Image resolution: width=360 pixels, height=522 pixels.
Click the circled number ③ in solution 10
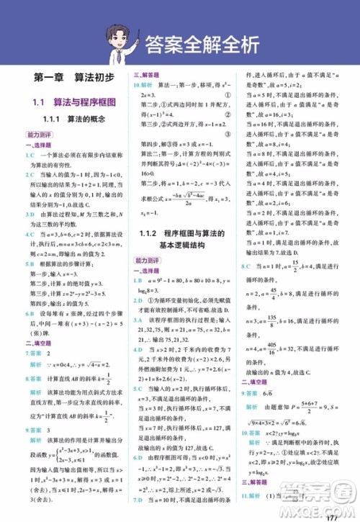pos(228,133)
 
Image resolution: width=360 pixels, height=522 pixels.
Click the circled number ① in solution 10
pos(228,95)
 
